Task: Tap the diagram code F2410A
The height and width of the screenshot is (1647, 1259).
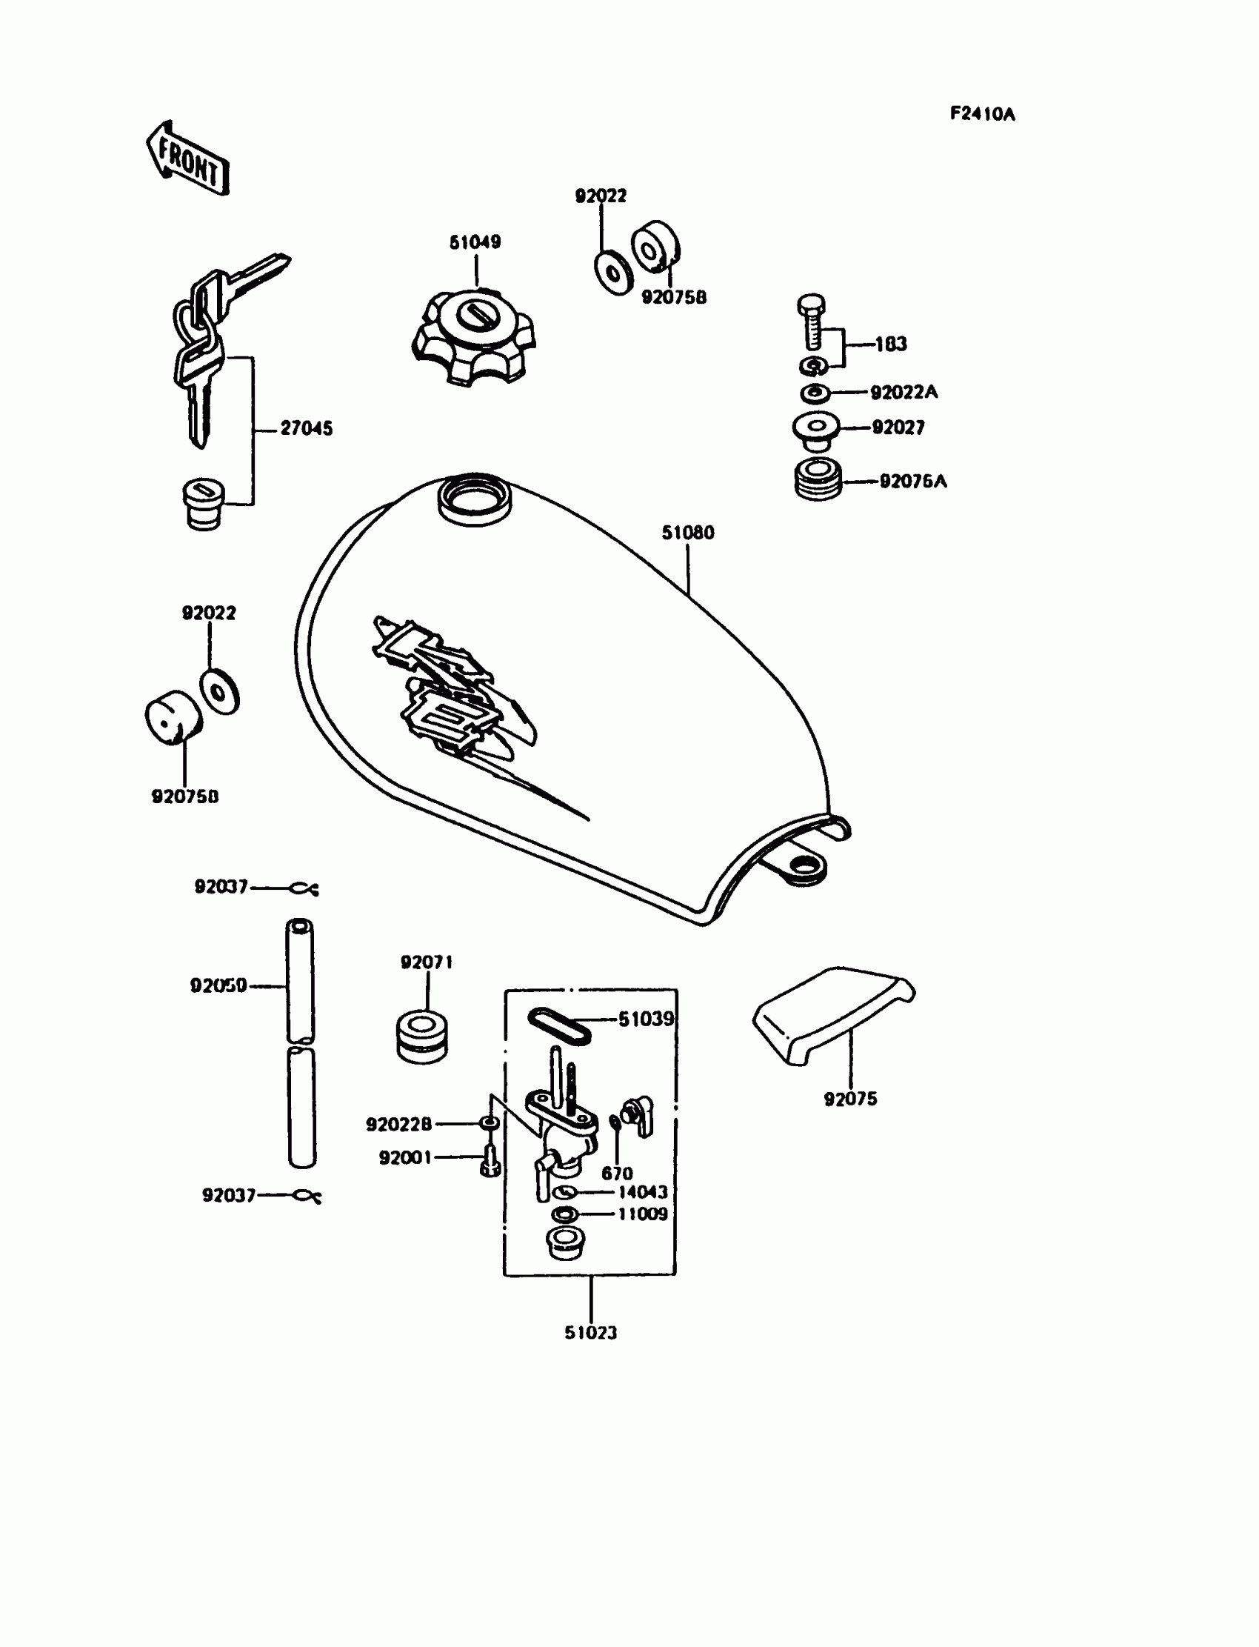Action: (x=983, y=114)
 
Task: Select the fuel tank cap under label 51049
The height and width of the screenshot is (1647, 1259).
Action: (x=474, y=335)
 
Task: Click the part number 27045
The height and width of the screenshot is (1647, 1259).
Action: (x=306, y=428)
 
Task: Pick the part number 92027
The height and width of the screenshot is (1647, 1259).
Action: (x=898, y=427)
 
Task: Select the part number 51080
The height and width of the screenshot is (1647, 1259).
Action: (x=687, y=532)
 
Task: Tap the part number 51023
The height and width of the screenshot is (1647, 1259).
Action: (x=590, y=1332)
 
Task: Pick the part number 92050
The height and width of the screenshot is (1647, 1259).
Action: (x=218, y=985)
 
